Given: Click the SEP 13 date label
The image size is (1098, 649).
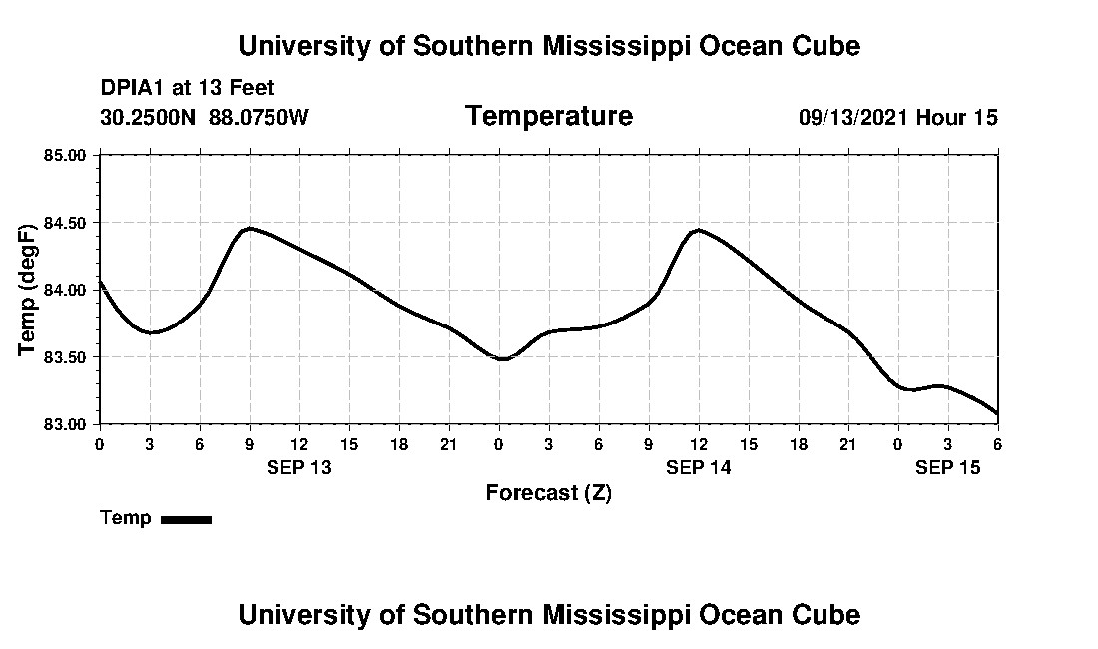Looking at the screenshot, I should pyautogui.click(x=299, y=468).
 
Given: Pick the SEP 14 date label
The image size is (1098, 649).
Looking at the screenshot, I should pyautogui.click(x=699, y=468).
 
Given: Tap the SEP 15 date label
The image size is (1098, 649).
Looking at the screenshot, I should pyautogui.click(x=948, y=468).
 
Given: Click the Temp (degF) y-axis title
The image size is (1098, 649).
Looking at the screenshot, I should pyautogui.click(x=28, y=290).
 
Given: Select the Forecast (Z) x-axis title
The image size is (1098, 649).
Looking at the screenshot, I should pyautogui.click(x=549, y=493).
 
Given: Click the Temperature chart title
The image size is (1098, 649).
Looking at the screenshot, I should pyautogui.click(x=549, y=117).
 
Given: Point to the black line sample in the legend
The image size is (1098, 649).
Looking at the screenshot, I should pyautogui.click(x=186, y=519).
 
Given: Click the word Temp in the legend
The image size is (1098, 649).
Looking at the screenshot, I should pyautogui.click(x=126, y=518).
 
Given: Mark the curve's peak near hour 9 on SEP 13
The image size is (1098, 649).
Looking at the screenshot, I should pyautogui.click(x=249, y=229).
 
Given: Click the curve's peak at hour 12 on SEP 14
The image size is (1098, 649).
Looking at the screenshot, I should pyautogui.click(x=698, y=230).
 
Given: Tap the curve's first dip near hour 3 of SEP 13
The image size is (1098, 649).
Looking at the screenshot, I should pyautogui.click(x=151, y=332).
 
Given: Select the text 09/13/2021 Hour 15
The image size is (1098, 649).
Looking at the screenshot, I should pyautogui.click(x=897, y=118).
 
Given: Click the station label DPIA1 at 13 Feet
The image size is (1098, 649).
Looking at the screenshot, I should pyautogui.click(x=187, y=88).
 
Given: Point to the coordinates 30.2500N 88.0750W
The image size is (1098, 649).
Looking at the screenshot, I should pyautogui.click(x=205, y=118).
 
